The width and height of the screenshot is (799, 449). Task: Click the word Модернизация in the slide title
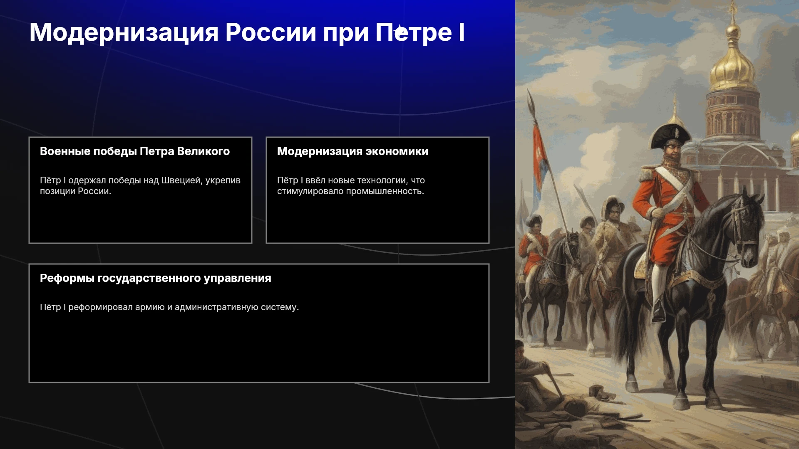coord(124,32)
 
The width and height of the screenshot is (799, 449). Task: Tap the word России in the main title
coord(271,32)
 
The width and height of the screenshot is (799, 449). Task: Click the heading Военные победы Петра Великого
coord(135,151)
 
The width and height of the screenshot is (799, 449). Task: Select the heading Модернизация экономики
coord(353,151)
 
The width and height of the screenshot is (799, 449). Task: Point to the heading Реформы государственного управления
coord(156,278)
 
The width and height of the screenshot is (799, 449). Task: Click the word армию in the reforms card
coord(150,307)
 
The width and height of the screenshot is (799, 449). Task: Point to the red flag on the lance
coord(540,158)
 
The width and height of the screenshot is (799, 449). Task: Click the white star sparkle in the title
coord(400,32)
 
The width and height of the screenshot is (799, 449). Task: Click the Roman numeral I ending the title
coord(462,32)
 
